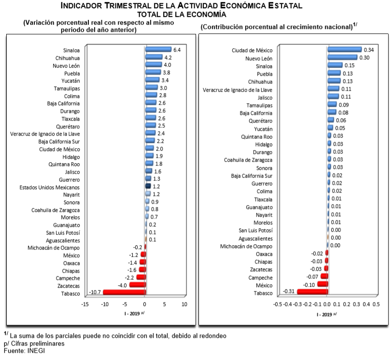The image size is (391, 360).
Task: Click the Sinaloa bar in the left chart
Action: tap(158, 49)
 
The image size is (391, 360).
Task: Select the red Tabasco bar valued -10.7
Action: tap(124, 292)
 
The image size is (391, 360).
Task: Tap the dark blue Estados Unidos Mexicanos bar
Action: tap(148, 186)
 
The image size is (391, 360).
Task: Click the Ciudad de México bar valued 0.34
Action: tap(344, 49)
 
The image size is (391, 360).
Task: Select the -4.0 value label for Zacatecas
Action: tap(122, 285)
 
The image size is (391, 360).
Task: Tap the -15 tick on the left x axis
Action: tap(85, 305)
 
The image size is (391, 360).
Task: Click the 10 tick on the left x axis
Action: tap(184, 305)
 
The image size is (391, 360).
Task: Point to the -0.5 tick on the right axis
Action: tap(278, 305)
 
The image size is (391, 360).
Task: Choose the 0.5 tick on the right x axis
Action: tap(376, 305)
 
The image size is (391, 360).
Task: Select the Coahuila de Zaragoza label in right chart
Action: tap(248, 160)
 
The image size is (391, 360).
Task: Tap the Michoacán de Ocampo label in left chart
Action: tap(53, 248)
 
